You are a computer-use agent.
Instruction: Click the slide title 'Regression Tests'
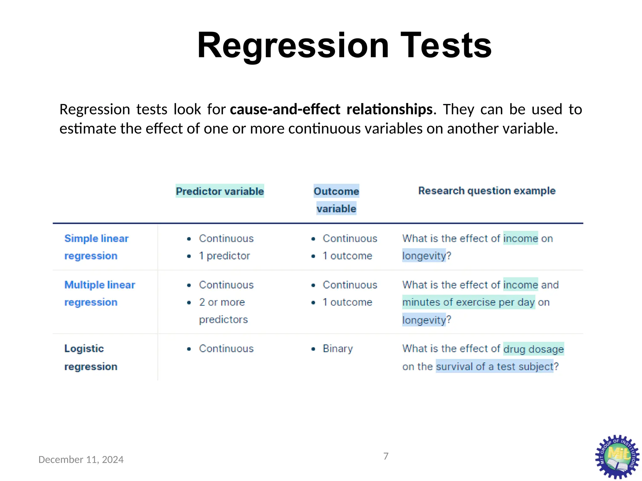point(344,45)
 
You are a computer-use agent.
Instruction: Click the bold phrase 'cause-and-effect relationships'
point(331,109)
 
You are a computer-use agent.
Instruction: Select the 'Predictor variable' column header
point(220,191)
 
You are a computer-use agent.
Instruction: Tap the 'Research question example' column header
point(487,191)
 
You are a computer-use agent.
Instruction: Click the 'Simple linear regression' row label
point(96,247)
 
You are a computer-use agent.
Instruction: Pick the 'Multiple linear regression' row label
point(99,293)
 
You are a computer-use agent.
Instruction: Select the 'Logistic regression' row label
point(91,357)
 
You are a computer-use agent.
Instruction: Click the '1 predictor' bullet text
point(224,256)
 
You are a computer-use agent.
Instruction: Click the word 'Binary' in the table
point(338,349)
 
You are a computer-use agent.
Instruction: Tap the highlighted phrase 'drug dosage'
point(533,349)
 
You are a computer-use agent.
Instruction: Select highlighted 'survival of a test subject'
point(494,366)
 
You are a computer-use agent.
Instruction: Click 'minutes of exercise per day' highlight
point(468,302)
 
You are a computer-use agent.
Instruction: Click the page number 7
point(386,456)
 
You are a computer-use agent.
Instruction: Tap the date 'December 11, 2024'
point(81,459)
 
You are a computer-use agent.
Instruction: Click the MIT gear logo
point(617,457)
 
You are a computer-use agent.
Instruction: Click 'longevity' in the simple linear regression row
point(424,256)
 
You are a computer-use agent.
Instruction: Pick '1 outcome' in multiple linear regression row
point(347,302)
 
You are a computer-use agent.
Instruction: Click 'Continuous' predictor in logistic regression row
point(226,349)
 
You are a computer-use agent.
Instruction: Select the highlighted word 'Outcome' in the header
point(336,191)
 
